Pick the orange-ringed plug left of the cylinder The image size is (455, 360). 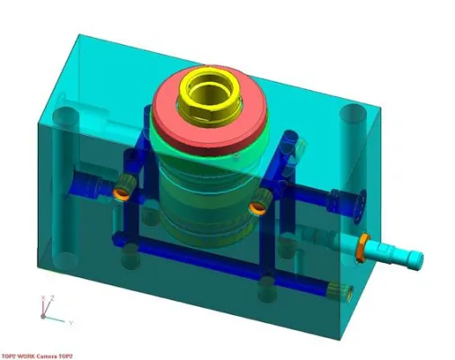(120, 188)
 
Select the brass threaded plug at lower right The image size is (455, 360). (343, 290)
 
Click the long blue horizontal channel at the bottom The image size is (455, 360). (225, 265)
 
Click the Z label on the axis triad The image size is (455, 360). (53, 298)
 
